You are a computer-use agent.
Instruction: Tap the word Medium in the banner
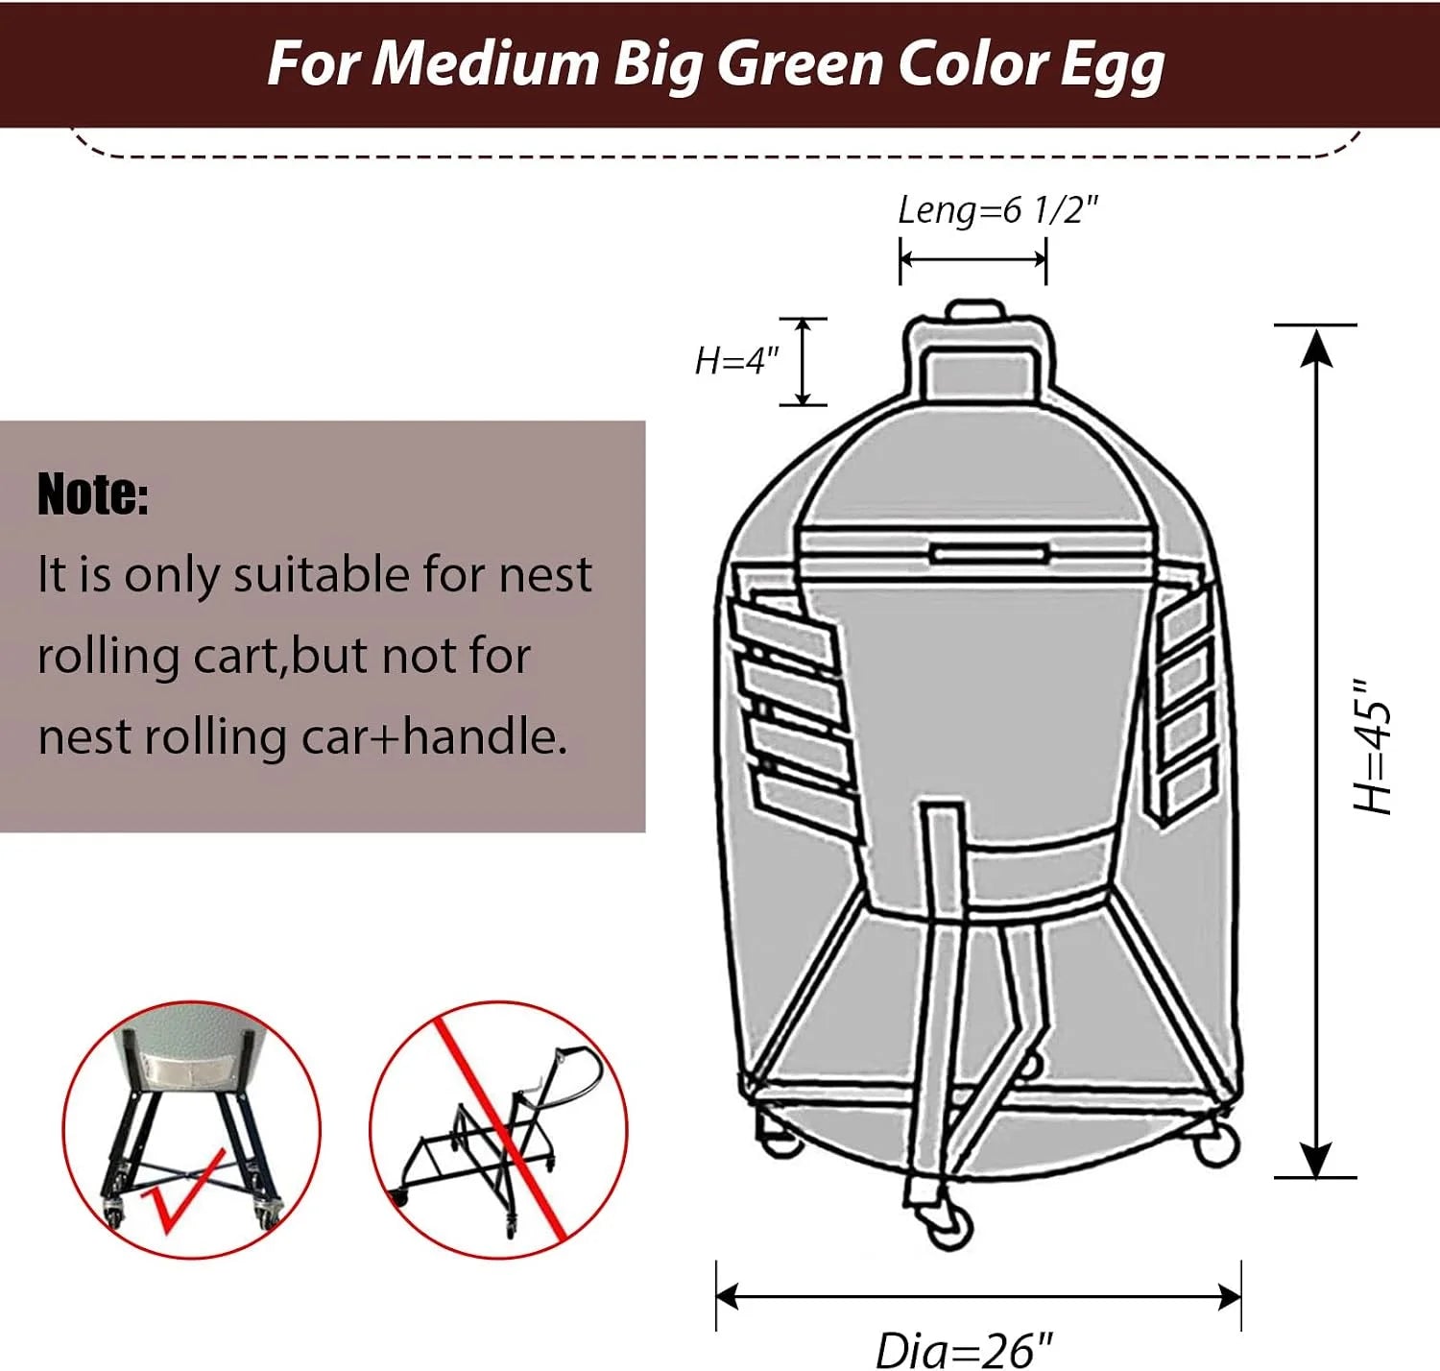[487, 62]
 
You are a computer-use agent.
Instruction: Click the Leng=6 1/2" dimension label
[997, 210]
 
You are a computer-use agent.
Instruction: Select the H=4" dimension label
[736, 361]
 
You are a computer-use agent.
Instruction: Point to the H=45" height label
[1371, 746]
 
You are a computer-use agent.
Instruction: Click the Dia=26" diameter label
[964, 1350]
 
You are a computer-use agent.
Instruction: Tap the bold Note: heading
[93, 493]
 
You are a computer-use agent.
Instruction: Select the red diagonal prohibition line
[500, 1129]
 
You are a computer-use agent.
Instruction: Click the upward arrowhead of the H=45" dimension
[1316, 349]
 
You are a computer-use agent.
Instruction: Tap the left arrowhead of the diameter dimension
[728, 1297]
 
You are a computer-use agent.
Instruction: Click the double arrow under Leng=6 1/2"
[972, 259]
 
